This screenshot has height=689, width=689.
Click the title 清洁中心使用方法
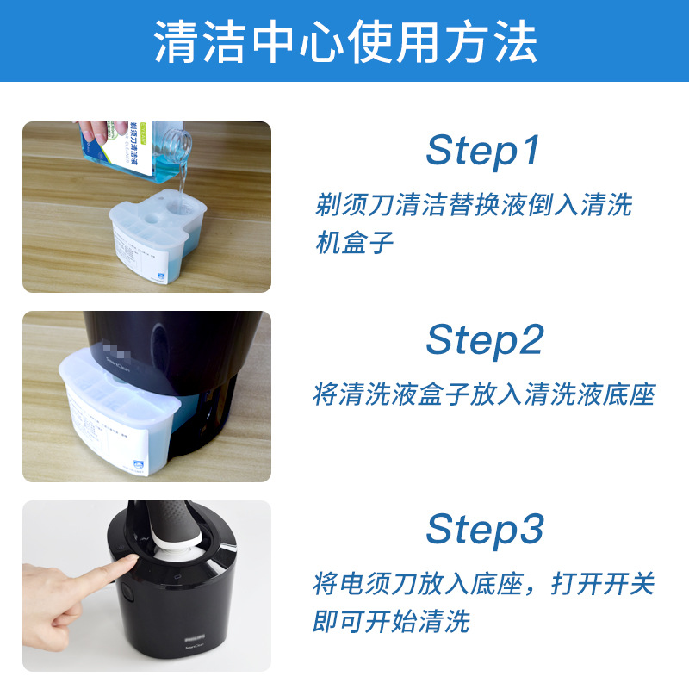344,40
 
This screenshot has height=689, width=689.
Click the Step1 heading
482,151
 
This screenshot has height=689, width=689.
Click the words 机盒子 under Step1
354,242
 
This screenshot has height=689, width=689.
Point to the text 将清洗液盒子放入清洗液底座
483,394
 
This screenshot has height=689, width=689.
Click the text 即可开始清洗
391,620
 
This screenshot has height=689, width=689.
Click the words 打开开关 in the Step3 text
611,583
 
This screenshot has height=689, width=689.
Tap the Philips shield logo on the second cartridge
140,469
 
